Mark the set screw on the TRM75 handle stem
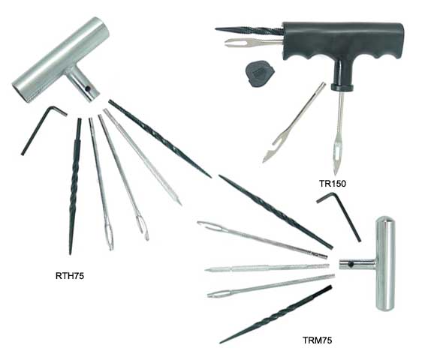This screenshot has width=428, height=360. pyautogui.click(x=351, y=264)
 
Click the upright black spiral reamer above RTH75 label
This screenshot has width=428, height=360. pyautogui.click(x=75, y=184)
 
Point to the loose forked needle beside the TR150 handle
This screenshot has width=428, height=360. pyautogui.click(x=293, y=124)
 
